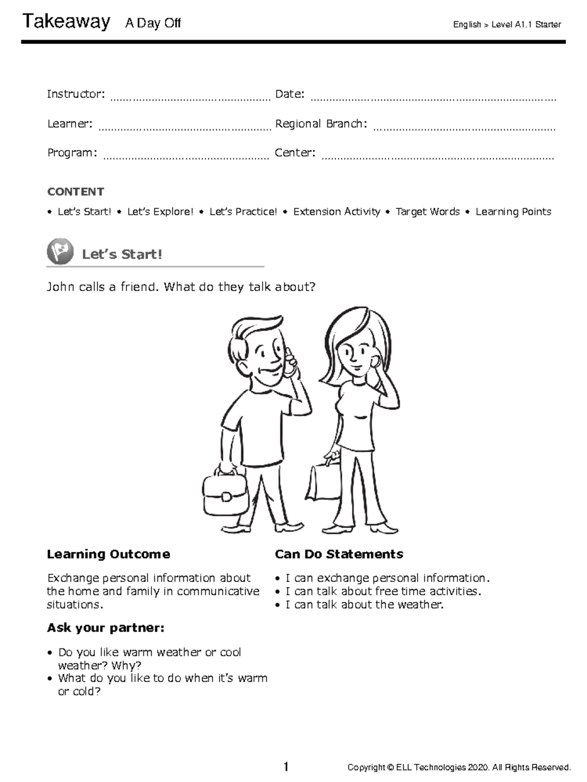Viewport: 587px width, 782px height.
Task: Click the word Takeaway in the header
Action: coord(66,22)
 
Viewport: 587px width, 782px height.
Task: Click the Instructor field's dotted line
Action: coord(190,98)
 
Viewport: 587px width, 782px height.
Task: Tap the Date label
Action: coord(290,94)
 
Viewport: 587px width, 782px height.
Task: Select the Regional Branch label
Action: coord(321,124)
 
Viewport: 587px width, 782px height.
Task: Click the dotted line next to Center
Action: coord(437,157)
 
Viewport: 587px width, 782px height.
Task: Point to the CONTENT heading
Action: coord(75,192)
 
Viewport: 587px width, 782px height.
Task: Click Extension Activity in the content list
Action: coord(337,212)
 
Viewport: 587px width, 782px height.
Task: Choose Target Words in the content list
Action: coord(428,212)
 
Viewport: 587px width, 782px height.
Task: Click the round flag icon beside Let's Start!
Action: coord(60,252)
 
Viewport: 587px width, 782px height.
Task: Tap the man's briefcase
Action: coord(225,494)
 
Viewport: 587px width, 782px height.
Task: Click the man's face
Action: coord(264,359)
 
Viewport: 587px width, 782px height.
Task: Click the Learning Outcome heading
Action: coord(109,554)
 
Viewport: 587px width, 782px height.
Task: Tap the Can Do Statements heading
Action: coord(339,554)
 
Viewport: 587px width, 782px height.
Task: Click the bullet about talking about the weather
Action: coord(364,605)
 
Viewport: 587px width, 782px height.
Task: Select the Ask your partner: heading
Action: coord(105,628)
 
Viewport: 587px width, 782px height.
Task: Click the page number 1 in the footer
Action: coord(286,767)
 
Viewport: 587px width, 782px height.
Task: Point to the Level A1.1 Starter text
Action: coord(526,24)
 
